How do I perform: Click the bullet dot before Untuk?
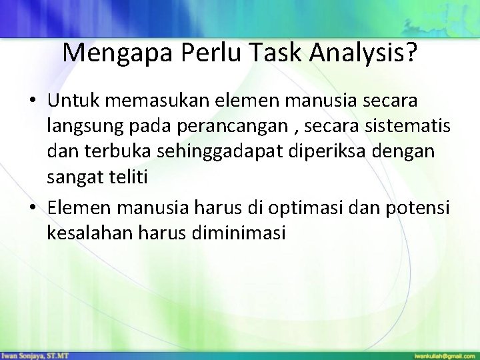coord(33,101)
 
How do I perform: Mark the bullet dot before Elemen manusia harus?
coord(33,209)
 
